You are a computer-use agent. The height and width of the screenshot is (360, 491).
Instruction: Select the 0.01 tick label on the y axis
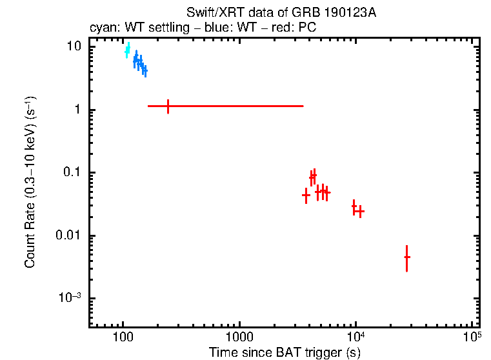(70, 235)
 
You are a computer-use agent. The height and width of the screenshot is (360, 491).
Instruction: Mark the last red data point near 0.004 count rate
(406, 257)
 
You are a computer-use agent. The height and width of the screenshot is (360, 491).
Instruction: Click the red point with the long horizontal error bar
(168, 106)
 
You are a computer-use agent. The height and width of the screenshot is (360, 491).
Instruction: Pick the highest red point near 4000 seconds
(314, 175)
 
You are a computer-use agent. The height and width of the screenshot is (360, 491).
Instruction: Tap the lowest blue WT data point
(145, 70)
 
